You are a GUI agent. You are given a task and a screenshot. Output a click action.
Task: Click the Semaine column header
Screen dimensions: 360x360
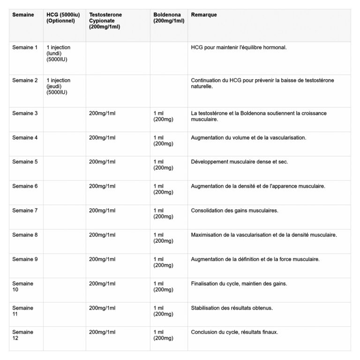click(x=23, y=15)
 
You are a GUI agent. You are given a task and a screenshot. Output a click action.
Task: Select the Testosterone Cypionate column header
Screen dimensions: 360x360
click(x=105, y=21)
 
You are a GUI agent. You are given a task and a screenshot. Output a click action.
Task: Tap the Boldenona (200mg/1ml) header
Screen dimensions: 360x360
click(x=168, y=18)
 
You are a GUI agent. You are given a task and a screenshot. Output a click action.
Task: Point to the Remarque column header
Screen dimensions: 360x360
click(x=204, y=15)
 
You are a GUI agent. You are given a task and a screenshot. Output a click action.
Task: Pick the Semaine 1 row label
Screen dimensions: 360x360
click(x=25, y=47)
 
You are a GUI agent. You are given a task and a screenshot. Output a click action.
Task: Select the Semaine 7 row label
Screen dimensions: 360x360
click(x=25, y=210)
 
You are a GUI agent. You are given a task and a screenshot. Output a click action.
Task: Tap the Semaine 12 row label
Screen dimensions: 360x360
click(x=22, y=335)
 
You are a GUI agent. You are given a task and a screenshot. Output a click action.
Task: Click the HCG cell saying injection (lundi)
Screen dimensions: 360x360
click(x=59, y=53)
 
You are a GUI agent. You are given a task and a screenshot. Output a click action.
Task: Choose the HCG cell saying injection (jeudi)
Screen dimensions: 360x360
click(x=59, y=86)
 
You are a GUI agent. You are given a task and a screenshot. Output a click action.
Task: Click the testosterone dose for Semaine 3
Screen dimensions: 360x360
click(x=102, y=113)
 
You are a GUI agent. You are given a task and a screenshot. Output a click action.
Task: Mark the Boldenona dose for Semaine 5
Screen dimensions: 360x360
click(x=164, y=165)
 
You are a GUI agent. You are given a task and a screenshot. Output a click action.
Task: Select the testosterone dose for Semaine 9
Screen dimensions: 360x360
click(x=102, y=259)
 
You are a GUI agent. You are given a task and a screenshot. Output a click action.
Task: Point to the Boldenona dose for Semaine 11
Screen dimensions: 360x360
click(x=164, y=311)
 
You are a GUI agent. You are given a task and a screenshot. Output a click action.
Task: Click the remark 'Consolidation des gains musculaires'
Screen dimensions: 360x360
click(x=234, y=210)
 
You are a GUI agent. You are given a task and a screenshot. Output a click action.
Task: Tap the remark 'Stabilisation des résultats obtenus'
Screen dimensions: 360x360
click(x=232, y=308)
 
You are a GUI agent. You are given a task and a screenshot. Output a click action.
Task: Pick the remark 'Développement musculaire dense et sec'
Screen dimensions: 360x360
click(x=239, y=162)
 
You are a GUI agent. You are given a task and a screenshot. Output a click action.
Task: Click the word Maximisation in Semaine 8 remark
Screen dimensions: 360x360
click(x=208, y=235)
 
